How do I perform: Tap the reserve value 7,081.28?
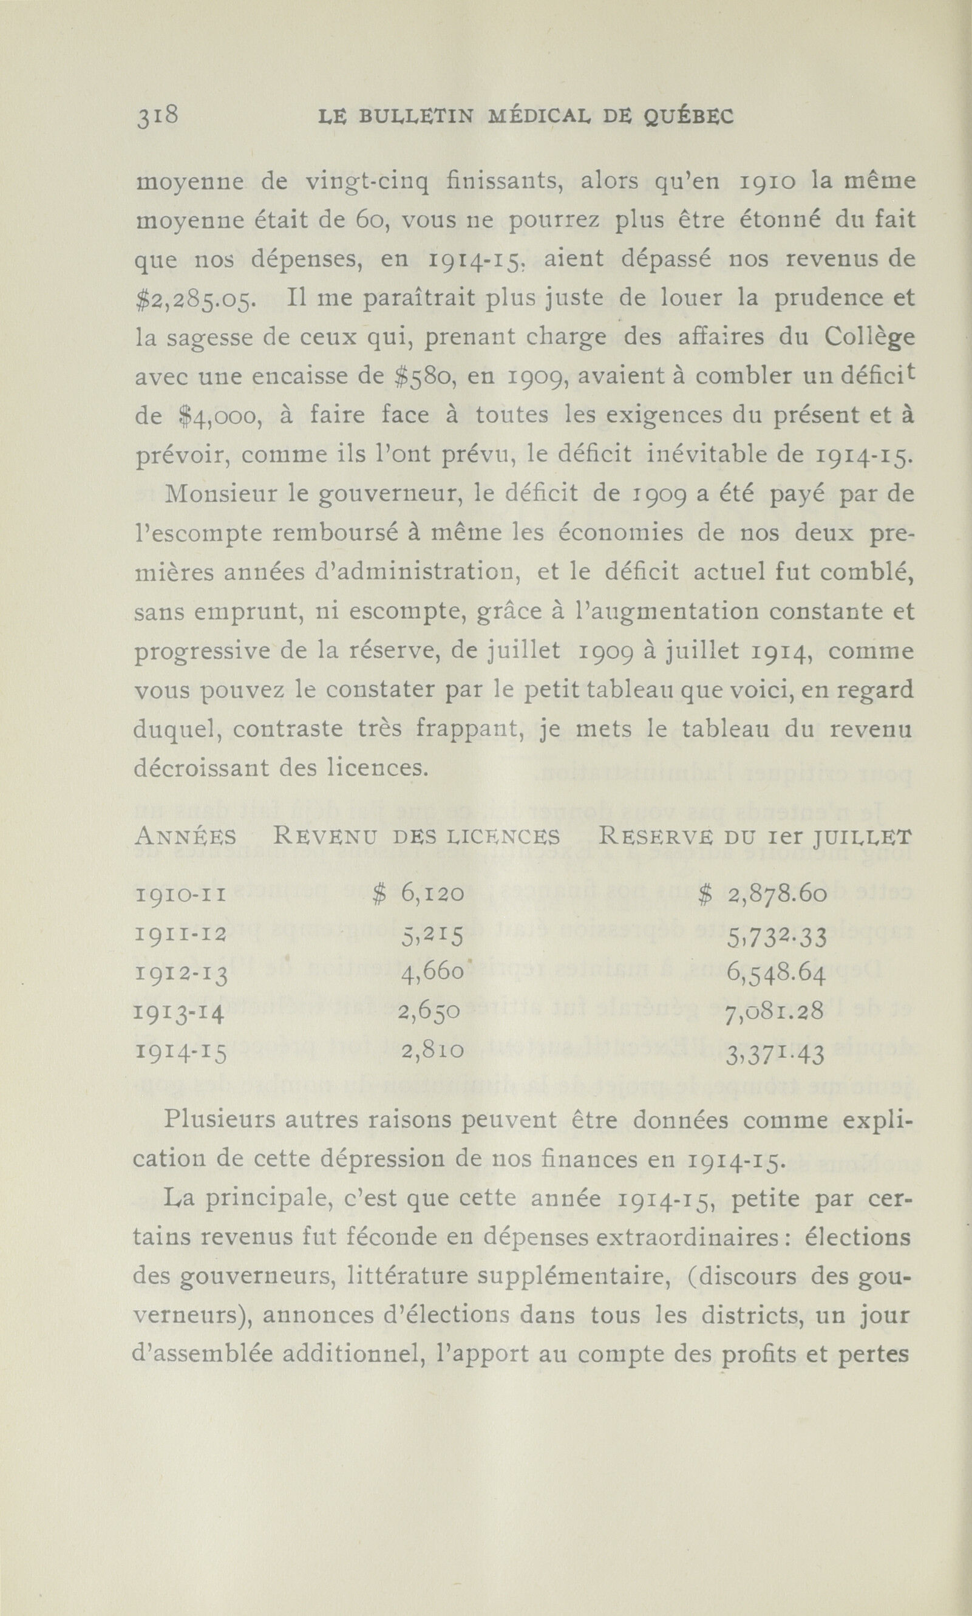point(775,1014)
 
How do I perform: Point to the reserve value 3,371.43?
point(775,1052)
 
